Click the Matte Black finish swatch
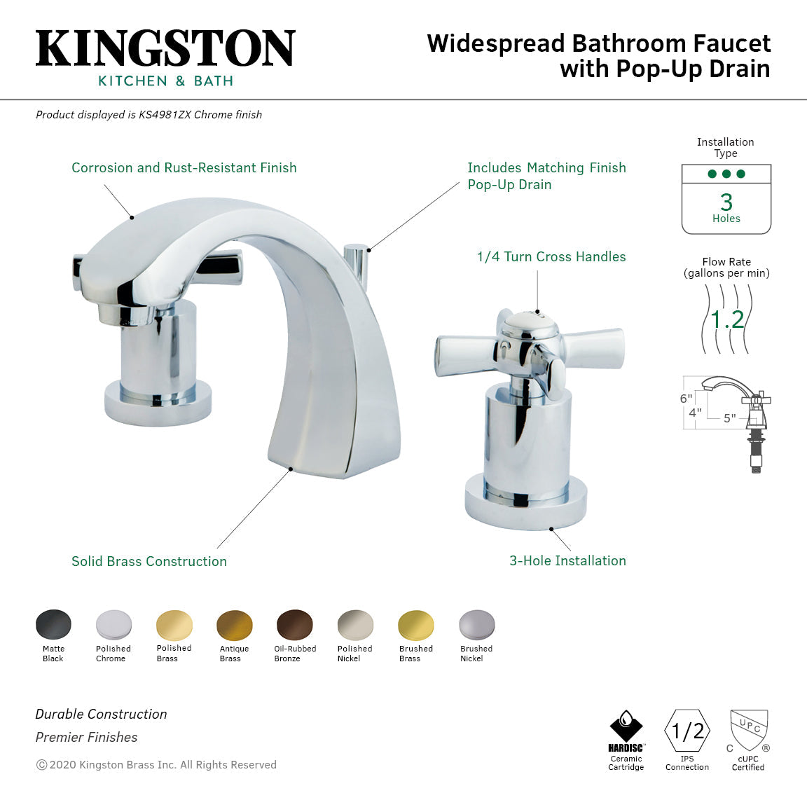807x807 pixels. [x=53, y=625]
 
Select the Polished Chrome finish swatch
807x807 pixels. [x=113, y=625]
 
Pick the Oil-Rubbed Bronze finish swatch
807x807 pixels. [x=295, y=625]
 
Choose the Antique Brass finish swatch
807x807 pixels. [x=235, y=625]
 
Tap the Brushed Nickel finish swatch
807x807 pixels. [x=477, y=625]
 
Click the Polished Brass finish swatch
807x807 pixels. [x=174, y=625]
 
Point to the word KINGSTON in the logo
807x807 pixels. [x=165, y=48]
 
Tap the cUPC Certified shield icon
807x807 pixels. [x=749, y=730]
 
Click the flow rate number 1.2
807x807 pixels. [x=726, y=320]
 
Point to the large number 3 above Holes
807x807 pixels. [x=726, y=202]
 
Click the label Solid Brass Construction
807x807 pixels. [x=149, y=561]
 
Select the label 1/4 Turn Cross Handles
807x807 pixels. [x=551, y=257]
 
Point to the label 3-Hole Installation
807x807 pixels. [x=567, y=560]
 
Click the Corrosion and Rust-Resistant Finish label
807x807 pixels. [x=184, y=168]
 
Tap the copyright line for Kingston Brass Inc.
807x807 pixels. [x=156, y=765]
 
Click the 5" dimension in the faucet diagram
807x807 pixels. [x=730, y=418]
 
